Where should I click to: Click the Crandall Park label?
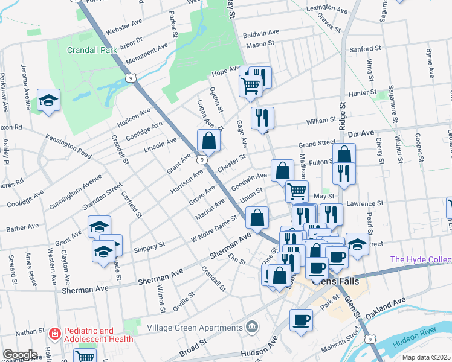pos(92,51)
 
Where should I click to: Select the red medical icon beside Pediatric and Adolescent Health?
pos(55,333)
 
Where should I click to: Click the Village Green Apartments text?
pos(195,328)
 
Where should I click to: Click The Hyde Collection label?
pos(421,259)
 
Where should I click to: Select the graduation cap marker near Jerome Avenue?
pos(49,101)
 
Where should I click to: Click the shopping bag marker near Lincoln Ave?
pos(208,141)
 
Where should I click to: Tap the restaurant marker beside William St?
pos(262,118)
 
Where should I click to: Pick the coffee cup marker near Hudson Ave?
pos(300,320)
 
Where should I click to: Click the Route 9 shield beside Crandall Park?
pos(130,78)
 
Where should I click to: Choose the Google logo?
pos(20,355)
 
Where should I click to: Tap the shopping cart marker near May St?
pos(297,191)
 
